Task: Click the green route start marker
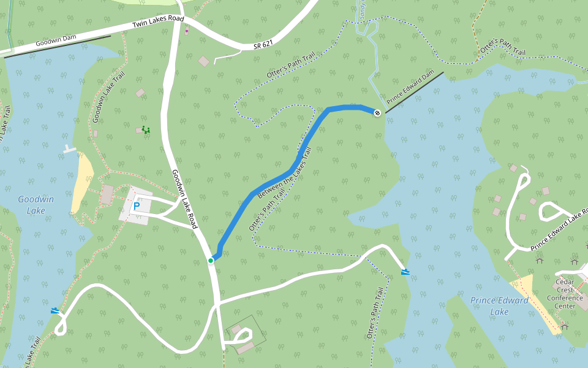click(211, 261)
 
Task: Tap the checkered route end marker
click(378, 112)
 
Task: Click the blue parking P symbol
click(136, 207)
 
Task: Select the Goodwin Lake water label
click(36, 205)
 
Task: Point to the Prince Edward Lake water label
click(499, 305)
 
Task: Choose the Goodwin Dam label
click(56, 40)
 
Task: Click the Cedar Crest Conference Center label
click(565, 294)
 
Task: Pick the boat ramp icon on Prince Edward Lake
click(405, 271)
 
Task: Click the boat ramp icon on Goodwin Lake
click(56, 310)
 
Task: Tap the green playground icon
click(146, 129)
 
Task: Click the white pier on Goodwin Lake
click(69, 149)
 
